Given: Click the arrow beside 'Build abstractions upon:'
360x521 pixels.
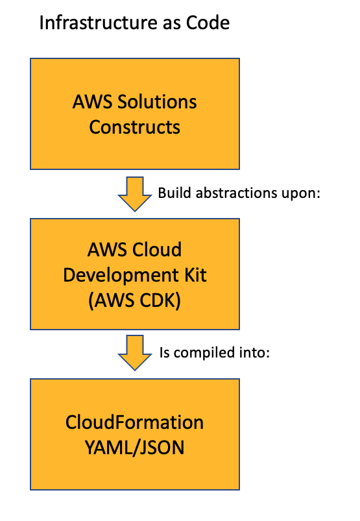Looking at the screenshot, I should pos(135,194).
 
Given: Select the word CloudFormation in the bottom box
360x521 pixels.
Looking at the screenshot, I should pos(135,423).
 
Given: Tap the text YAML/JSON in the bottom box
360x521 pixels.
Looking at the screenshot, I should pos(135,447).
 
